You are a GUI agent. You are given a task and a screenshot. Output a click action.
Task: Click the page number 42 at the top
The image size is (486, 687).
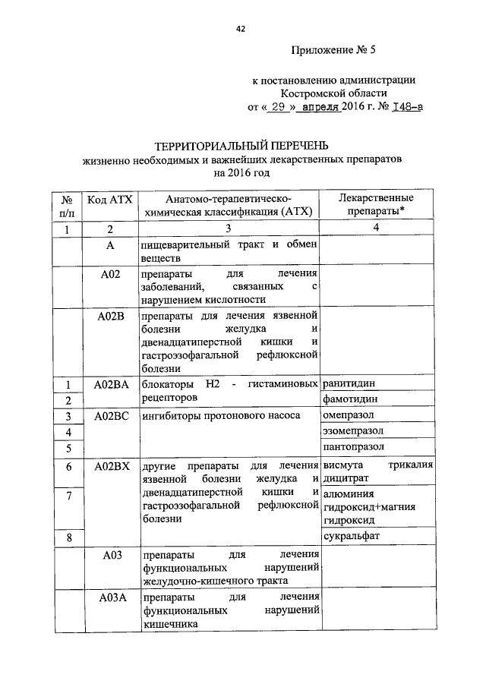coord(240,29)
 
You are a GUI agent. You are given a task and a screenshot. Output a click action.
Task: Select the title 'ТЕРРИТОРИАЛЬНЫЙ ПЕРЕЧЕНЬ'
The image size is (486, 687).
coord(242,145)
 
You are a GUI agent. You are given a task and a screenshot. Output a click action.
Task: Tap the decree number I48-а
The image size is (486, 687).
coord(406,108)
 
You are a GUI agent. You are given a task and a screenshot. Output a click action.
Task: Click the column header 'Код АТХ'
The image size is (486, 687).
coord(109,199)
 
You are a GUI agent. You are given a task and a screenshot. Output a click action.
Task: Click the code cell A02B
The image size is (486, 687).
coord(110,315)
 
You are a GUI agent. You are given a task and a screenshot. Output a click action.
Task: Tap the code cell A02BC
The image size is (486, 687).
coord(110,416)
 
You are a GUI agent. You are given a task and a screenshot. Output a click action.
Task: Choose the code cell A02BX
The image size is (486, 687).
coord(110,465)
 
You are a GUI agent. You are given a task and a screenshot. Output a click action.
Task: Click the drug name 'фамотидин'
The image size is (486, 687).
coord(350,400)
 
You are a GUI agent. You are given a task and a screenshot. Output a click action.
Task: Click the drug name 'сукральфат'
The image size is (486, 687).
coord(352,537)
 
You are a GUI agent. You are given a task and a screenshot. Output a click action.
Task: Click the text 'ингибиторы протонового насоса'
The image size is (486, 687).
coord(221,416)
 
